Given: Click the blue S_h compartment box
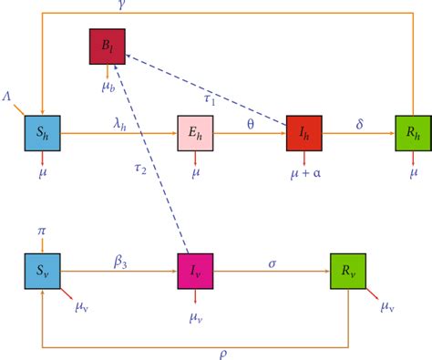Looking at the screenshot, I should [x=42, y=132].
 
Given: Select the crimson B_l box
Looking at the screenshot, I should [x=107, y=46].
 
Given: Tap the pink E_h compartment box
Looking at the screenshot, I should [x=195, y=132].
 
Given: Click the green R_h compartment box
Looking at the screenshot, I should [x=412, y=132].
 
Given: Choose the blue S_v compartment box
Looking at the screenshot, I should [x=42, y=271].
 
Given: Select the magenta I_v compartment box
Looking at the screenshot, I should [x=195, y=271].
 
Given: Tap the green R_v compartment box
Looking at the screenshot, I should [x=346, y=271].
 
